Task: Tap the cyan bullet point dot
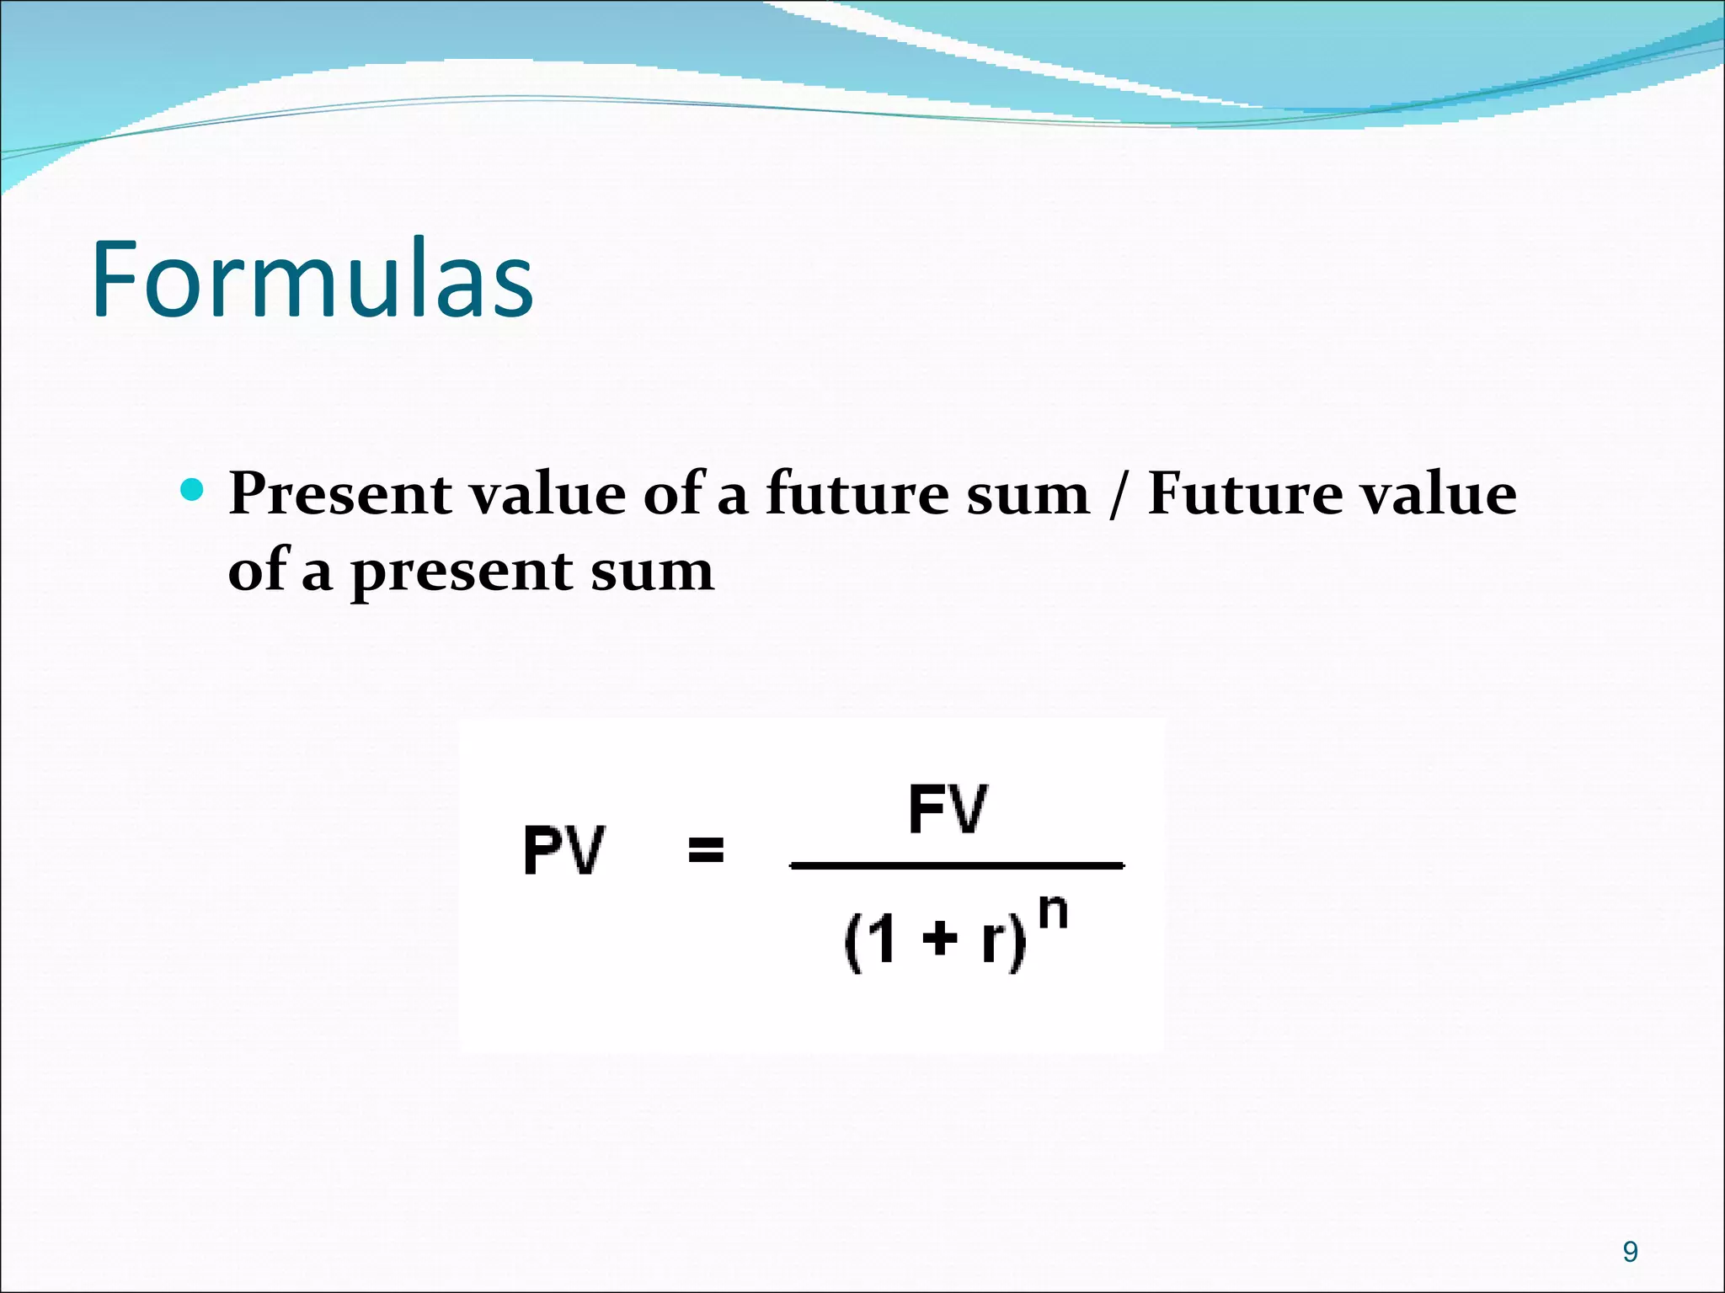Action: (193, 489)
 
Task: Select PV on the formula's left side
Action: (563, 850)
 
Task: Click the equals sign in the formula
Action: (706, 849)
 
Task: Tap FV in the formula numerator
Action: (948, 809)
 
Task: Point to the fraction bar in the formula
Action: (957, 865)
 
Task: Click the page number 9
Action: (1631, 1252)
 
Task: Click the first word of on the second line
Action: (259, 571)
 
